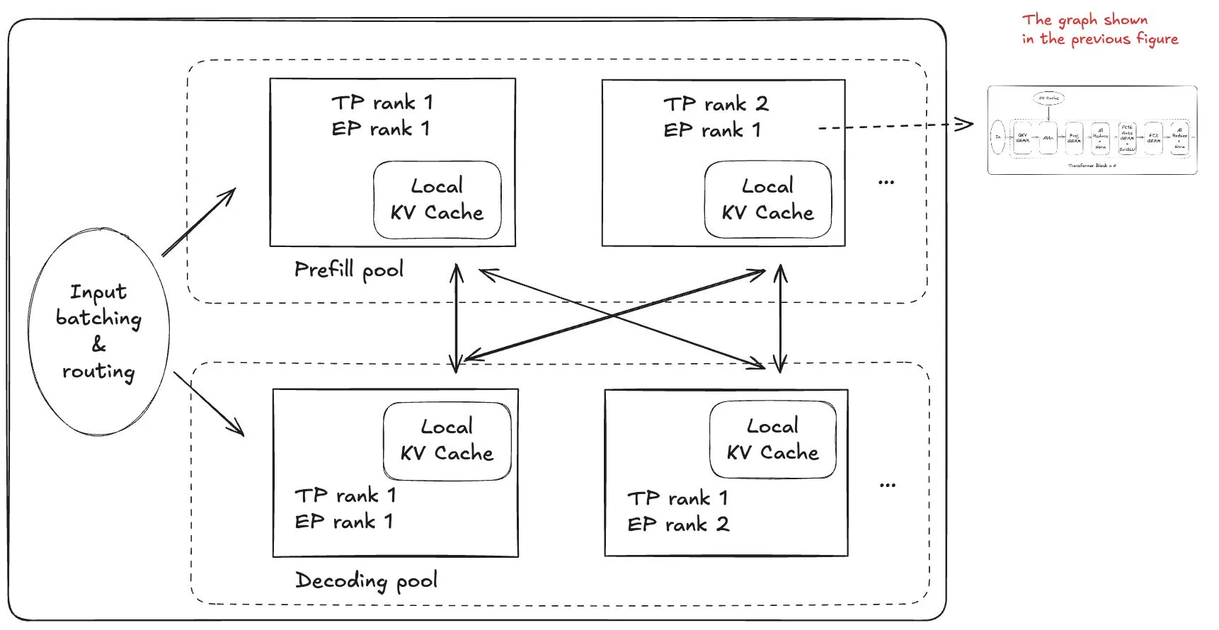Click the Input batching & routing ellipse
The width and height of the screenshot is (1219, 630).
point(99,331)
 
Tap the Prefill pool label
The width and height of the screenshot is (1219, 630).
point(349,270)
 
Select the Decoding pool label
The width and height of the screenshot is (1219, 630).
point(366,581)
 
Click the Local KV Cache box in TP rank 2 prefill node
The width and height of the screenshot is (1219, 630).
point(768,200)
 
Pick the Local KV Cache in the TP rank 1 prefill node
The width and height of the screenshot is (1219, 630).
point(437,200)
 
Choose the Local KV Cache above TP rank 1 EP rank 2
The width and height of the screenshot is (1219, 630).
point(772,440)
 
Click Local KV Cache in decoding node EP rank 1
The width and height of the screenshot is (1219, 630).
point(447,440)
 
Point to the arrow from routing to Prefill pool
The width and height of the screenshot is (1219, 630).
point(199,222)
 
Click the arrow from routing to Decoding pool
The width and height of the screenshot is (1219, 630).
point(209,403)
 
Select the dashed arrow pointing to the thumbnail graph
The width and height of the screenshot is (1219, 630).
point(895,126)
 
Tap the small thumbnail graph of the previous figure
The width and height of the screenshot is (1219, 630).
point(1092,130)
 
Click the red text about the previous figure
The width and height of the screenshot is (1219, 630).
point(1099,30)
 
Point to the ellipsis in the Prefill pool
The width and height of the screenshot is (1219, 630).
point(886,183)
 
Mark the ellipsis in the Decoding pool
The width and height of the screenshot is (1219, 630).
point(888,486)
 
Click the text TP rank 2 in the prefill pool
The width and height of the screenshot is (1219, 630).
point(716,104)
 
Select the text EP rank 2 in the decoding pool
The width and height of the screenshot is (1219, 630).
point(678,525)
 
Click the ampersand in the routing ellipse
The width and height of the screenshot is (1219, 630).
point(99,345)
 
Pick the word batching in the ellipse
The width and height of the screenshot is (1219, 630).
point(99,318)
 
